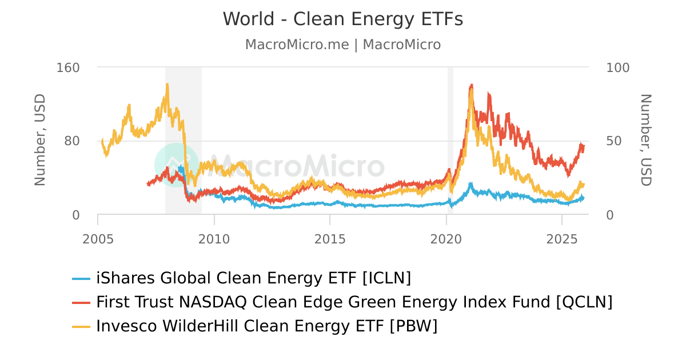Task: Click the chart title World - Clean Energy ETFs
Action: point(343,19)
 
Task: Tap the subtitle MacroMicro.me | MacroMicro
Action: point(343,45)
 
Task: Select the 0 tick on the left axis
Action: point(76,215)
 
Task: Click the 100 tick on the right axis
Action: point(617,67)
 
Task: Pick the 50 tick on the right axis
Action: point(614,141)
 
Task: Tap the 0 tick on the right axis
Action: point(609,215)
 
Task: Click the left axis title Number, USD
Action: point(40,140)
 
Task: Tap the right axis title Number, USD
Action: point(645,140)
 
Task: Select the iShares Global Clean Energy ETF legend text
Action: point(254,278)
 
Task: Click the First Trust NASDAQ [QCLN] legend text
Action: point(354,302)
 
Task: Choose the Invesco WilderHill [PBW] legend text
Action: point(267,326)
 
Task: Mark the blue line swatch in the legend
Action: point(82,279)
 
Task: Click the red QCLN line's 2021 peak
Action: point(471,86)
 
